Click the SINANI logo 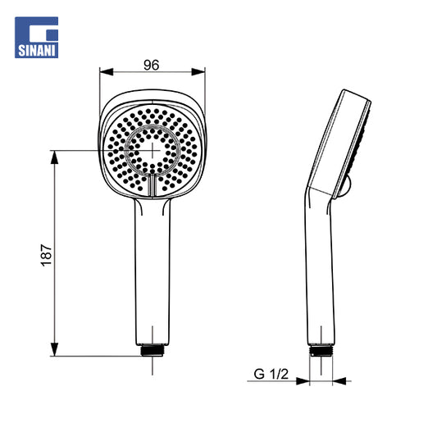click(37, 38)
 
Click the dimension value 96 click(152, 66)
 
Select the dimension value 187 click(47, 255)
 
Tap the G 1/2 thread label click(271, 374)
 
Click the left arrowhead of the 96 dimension click(107, 72)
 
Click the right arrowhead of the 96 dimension click(198, 72)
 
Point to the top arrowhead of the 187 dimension click(54, 157)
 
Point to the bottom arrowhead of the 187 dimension click(54, 349)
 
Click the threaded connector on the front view click(152, 350)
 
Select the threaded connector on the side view click(321, 351)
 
